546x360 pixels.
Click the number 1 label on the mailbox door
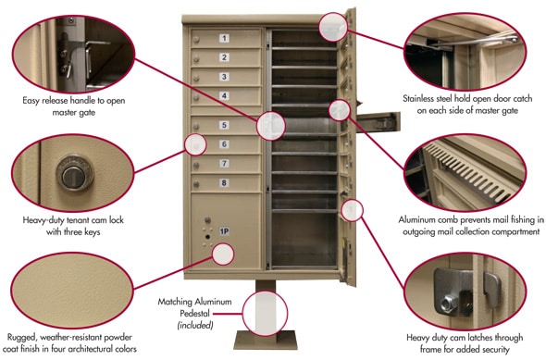coord(224,38)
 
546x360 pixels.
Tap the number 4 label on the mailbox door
coord(224,95)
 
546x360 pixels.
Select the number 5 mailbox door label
coord(224,125)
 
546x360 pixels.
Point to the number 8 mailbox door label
coord(224,182)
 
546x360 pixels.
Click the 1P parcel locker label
coord(224,230)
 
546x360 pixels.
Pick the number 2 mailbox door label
coord(224,57)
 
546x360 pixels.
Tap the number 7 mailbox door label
coord(224,163)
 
